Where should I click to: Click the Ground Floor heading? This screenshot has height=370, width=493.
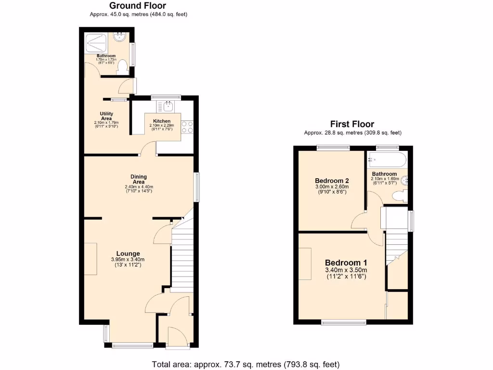[x=138, y=6]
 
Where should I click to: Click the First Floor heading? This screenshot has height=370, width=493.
[x=352, y=124]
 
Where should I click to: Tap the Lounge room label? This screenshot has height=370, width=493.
[x=128, y=253]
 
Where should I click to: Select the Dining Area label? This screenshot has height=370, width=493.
[x=139, y=179]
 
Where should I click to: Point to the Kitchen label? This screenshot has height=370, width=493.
[x=162, y=121]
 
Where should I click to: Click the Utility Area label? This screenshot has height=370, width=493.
[x=106, y=116]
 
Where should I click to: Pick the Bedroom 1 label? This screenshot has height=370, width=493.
[x=346, y=263]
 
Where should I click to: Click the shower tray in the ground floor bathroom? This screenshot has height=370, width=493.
[x=97, y=43]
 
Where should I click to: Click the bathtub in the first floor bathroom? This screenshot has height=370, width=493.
[x=387, y=160]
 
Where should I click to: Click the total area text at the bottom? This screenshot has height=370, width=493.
[x=246, y=364]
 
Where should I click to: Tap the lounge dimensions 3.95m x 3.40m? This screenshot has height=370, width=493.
[x=128, y=260]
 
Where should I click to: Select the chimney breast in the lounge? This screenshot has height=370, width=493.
[x=91, y=259]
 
